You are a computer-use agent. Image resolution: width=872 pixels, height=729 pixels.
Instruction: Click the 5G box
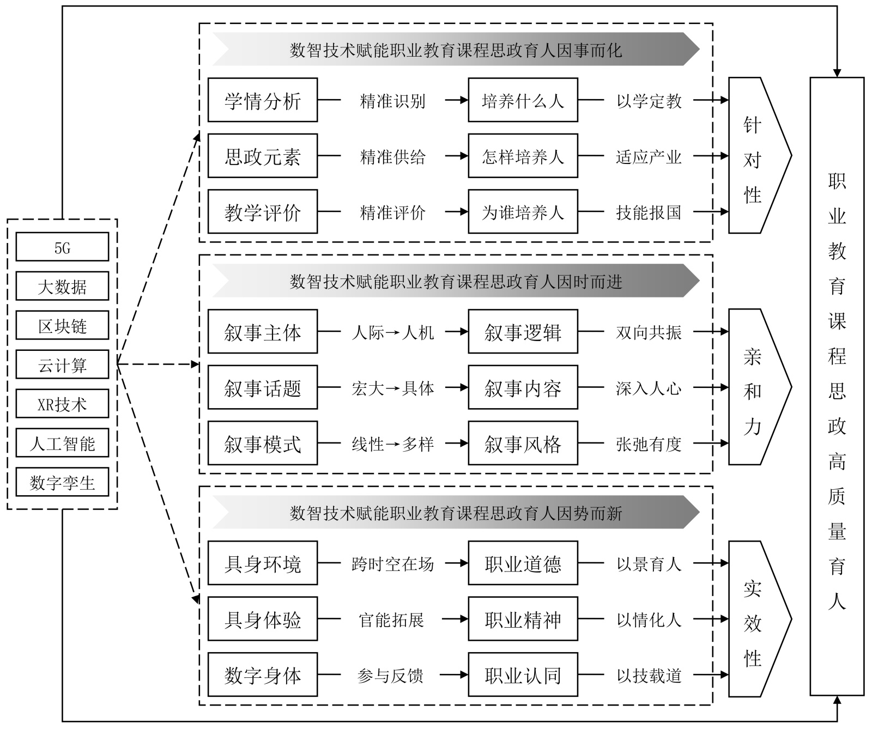(x=62, y=247)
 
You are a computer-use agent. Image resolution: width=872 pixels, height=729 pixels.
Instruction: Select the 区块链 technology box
(x=62, y=326)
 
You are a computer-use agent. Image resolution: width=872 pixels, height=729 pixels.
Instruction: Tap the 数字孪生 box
(x=62, y=482)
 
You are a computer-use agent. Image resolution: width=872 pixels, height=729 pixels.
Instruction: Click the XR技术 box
(x=62, y=404)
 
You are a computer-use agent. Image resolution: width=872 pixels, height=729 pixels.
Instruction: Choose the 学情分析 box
(x=262, y=100)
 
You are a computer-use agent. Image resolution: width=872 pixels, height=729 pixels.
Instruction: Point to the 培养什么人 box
(x=523, y=100)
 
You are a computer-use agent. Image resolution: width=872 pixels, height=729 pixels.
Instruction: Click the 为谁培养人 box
(x=523, y=212)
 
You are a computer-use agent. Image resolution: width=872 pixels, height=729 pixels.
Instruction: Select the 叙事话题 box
(x=262, y=387)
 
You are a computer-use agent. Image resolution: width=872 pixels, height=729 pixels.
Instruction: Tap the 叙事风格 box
(x=523, y=444)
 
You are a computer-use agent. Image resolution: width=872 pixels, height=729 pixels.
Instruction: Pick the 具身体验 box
(x=262, y=619)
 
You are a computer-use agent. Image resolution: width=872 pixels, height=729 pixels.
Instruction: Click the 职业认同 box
(x=523, y=675)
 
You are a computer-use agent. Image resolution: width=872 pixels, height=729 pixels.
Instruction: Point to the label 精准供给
(x=392, y=157)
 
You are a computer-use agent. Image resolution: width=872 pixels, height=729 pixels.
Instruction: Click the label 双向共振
(x=649, y=332)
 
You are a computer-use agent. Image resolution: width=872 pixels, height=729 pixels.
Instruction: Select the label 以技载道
(x=649, y=676)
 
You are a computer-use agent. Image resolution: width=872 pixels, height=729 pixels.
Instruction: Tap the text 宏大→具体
(x=392, y=388)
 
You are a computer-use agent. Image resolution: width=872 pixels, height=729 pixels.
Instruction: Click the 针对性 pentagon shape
(x=755, y=156)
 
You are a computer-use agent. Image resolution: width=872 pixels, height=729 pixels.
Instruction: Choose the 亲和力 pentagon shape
(x=755, y=387)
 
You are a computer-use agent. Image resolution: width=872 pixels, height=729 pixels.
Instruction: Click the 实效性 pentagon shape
(x=755, y=619)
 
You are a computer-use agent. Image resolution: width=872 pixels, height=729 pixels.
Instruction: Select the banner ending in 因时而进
(x=456, y=281)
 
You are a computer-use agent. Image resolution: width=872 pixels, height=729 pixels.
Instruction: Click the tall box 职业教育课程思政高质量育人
(x=837, y=386)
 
